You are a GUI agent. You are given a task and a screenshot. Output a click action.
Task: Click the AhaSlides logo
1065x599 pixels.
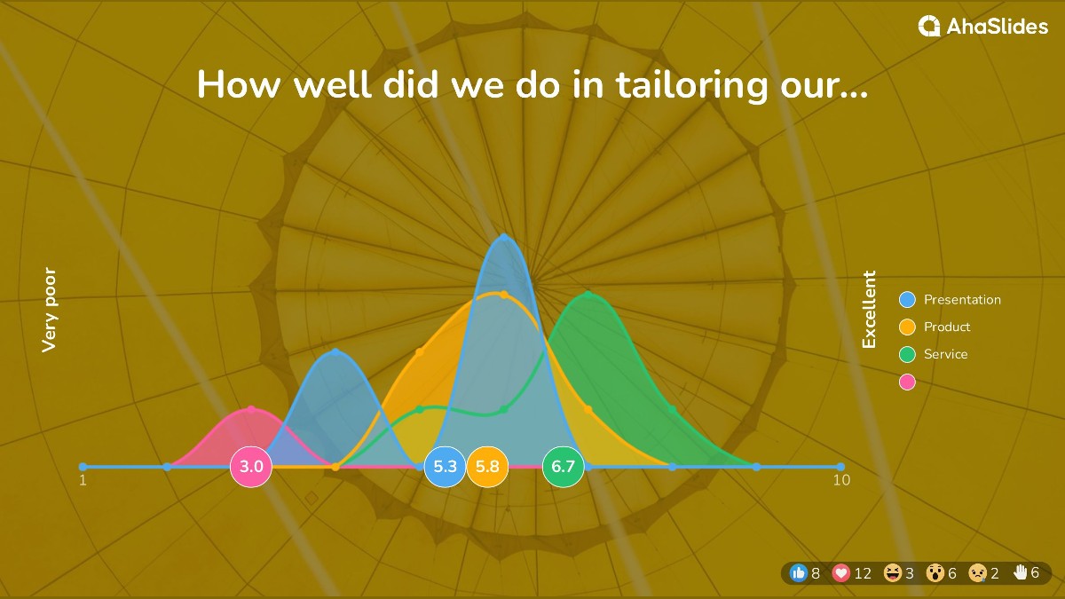point(982,26)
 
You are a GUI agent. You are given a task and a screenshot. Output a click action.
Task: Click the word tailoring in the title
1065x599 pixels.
point(691,85)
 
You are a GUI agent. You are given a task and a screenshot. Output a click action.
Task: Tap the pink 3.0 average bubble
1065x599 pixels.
point(251,467)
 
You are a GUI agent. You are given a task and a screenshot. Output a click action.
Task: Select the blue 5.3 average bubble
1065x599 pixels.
point(445,467)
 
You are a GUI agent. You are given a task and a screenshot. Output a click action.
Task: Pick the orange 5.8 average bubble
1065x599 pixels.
point(487,467)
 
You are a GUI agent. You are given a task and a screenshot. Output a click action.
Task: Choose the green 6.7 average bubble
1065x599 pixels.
point(563,467)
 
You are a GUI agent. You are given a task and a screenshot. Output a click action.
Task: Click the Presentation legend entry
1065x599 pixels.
point(951,300)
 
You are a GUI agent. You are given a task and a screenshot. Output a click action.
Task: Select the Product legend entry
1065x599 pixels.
point(935,327)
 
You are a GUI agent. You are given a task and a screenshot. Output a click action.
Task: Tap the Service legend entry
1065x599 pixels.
point(934,354)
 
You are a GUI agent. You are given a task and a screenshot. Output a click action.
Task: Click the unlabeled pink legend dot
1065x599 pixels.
point(907,382)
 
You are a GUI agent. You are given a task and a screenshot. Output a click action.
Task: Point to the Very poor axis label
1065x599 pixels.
point(49,310)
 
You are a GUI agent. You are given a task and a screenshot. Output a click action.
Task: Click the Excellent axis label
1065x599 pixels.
point(869,310)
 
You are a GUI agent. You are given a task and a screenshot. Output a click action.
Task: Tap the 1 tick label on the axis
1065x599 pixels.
point(83,480)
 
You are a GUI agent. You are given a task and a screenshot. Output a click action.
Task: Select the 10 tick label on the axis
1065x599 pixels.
point(841,480)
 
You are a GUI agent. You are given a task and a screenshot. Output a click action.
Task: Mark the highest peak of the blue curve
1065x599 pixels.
point(504,236)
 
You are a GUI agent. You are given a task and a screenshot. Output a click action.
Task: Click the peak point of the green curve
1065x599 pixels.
point(588,295)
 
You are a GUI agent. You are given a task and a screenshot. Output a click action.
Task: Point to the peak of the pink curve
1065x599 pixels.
point(251,409)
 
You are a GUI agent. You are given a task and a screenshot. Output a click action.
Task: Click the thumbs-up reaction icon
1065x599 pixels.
point(799,573)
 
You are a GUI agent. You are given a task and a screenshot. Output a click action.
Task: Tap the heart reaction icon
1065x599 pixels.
point(841,573)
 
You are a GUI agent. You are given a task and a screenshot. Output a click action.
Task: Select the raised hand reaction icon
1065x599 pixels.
point(1020,572)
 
